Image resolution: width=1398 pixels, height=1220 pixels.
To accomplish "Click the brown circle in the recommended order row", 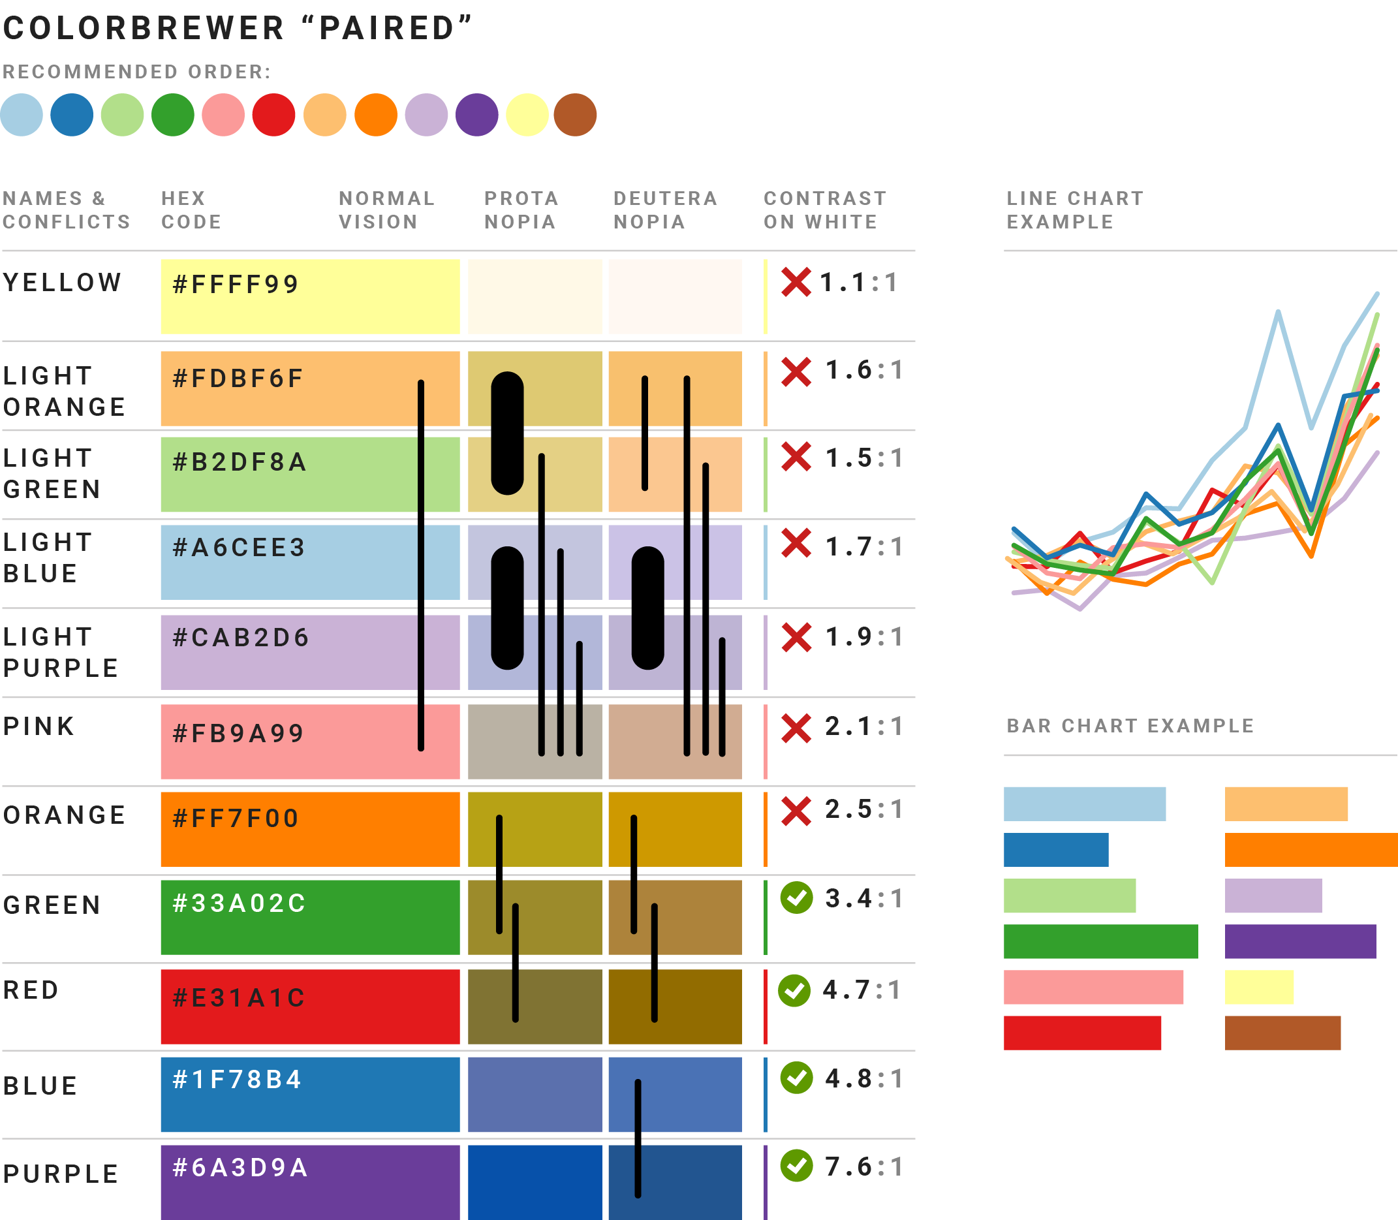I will coord(575,114).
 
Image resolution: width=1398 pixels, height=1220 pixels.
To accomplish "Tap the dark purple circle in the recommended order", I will coord(476,114).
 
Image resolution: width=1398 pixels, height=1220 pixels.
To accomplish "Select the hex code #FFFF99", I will coord(236,285).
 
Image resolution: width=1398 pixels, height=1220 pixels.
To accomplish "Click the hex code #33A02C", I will coord(240,903).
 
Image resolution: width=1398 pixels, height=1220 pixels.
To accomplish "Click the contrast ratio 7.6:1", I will coord(863,1167).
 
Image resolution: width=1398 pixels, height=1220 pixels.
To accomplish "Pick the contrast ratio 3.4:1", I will coord(863,899).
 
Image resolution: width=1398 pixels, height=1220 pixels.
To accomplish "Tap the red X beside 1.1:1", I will coord(796,282).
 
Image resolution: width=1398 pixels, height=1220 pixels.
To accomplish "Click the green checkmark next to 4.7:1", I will coord(794,991).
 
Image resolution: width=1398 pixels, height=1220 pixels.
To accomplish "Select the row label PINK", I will coord(39,727).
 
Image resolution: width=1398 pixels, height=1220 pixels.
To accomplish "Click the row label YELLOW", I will coord(63,283).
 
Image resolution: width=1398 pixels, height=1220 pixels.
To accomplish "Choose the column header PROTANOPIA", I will coord(521,210).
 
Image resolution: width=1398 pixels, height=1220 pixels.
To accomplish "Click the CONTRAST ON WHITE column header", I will coord(825,210).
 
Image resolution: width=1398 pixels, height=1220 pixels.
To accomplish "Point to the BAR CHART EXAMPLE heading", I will coord(1130,726).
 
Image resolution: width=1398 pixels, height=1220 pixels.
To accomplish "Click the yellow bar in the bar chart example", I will coord(1258,987).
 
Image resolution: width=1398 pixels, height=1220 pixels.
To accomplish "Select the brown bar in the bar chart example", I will coord(1282,1033).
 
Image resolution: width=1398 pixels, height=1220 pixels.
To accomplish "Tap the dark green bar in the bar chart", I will coord(1100,941).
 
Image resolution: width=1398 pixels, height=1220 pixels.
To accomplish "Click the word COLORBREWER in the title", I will coord(144,29).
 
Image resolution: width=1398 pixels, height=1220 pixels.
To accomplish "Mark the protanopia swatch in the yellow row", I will coord(535,296).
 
